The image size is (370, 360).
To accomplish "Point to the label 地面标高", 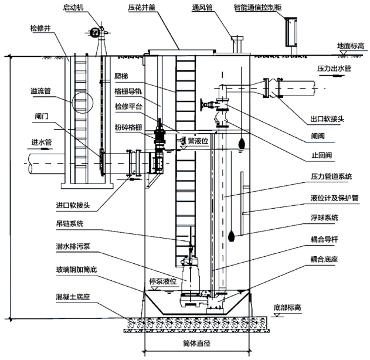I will point(351,45).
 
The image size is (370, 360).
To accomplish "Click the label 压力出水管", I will point(335,69).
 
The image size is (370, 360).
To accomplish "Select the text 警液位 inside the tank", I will point(197,140).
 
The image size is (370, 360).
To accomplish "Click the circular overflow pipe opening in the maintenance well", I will point(82,99).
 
